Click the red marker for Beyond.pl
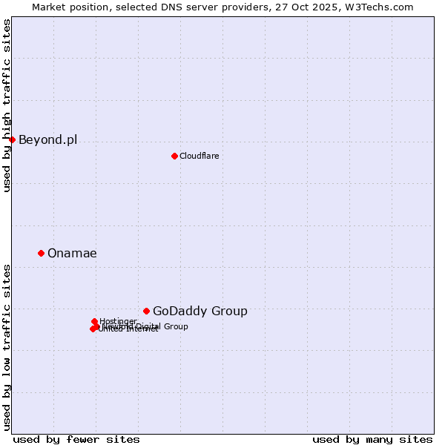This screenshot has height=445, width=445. tap(12, 139)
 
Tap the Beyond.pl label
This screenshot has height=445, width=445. tap(47, 139)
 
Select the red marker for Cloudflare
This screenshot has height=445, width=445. tap(174, 156)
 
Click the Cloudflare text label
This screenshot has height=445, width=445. tap(199, 156)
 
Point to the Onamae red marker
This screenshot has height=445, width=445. tap(41, 253)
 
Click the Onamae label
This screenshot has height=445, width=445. tap(72, 253)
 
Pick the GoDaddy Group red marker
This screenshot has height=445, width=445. tap(146, 311)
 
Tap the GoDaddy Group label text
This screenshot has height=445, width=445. tap(200, 311)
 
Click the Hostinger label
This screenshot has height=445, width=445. tap(118, 321)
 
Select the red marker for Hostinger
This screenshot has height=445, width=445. tap(94, 321)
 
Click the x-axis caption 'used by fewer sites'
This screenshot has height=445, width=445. tap(76, 439)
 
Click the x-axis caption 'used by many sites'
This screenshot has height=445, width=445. tap(372, 439)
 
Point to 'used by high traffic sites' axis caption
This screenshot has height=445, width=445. tap(7, 105)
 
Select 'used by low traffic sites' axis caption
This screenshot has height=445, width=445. tap(7, 347)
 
